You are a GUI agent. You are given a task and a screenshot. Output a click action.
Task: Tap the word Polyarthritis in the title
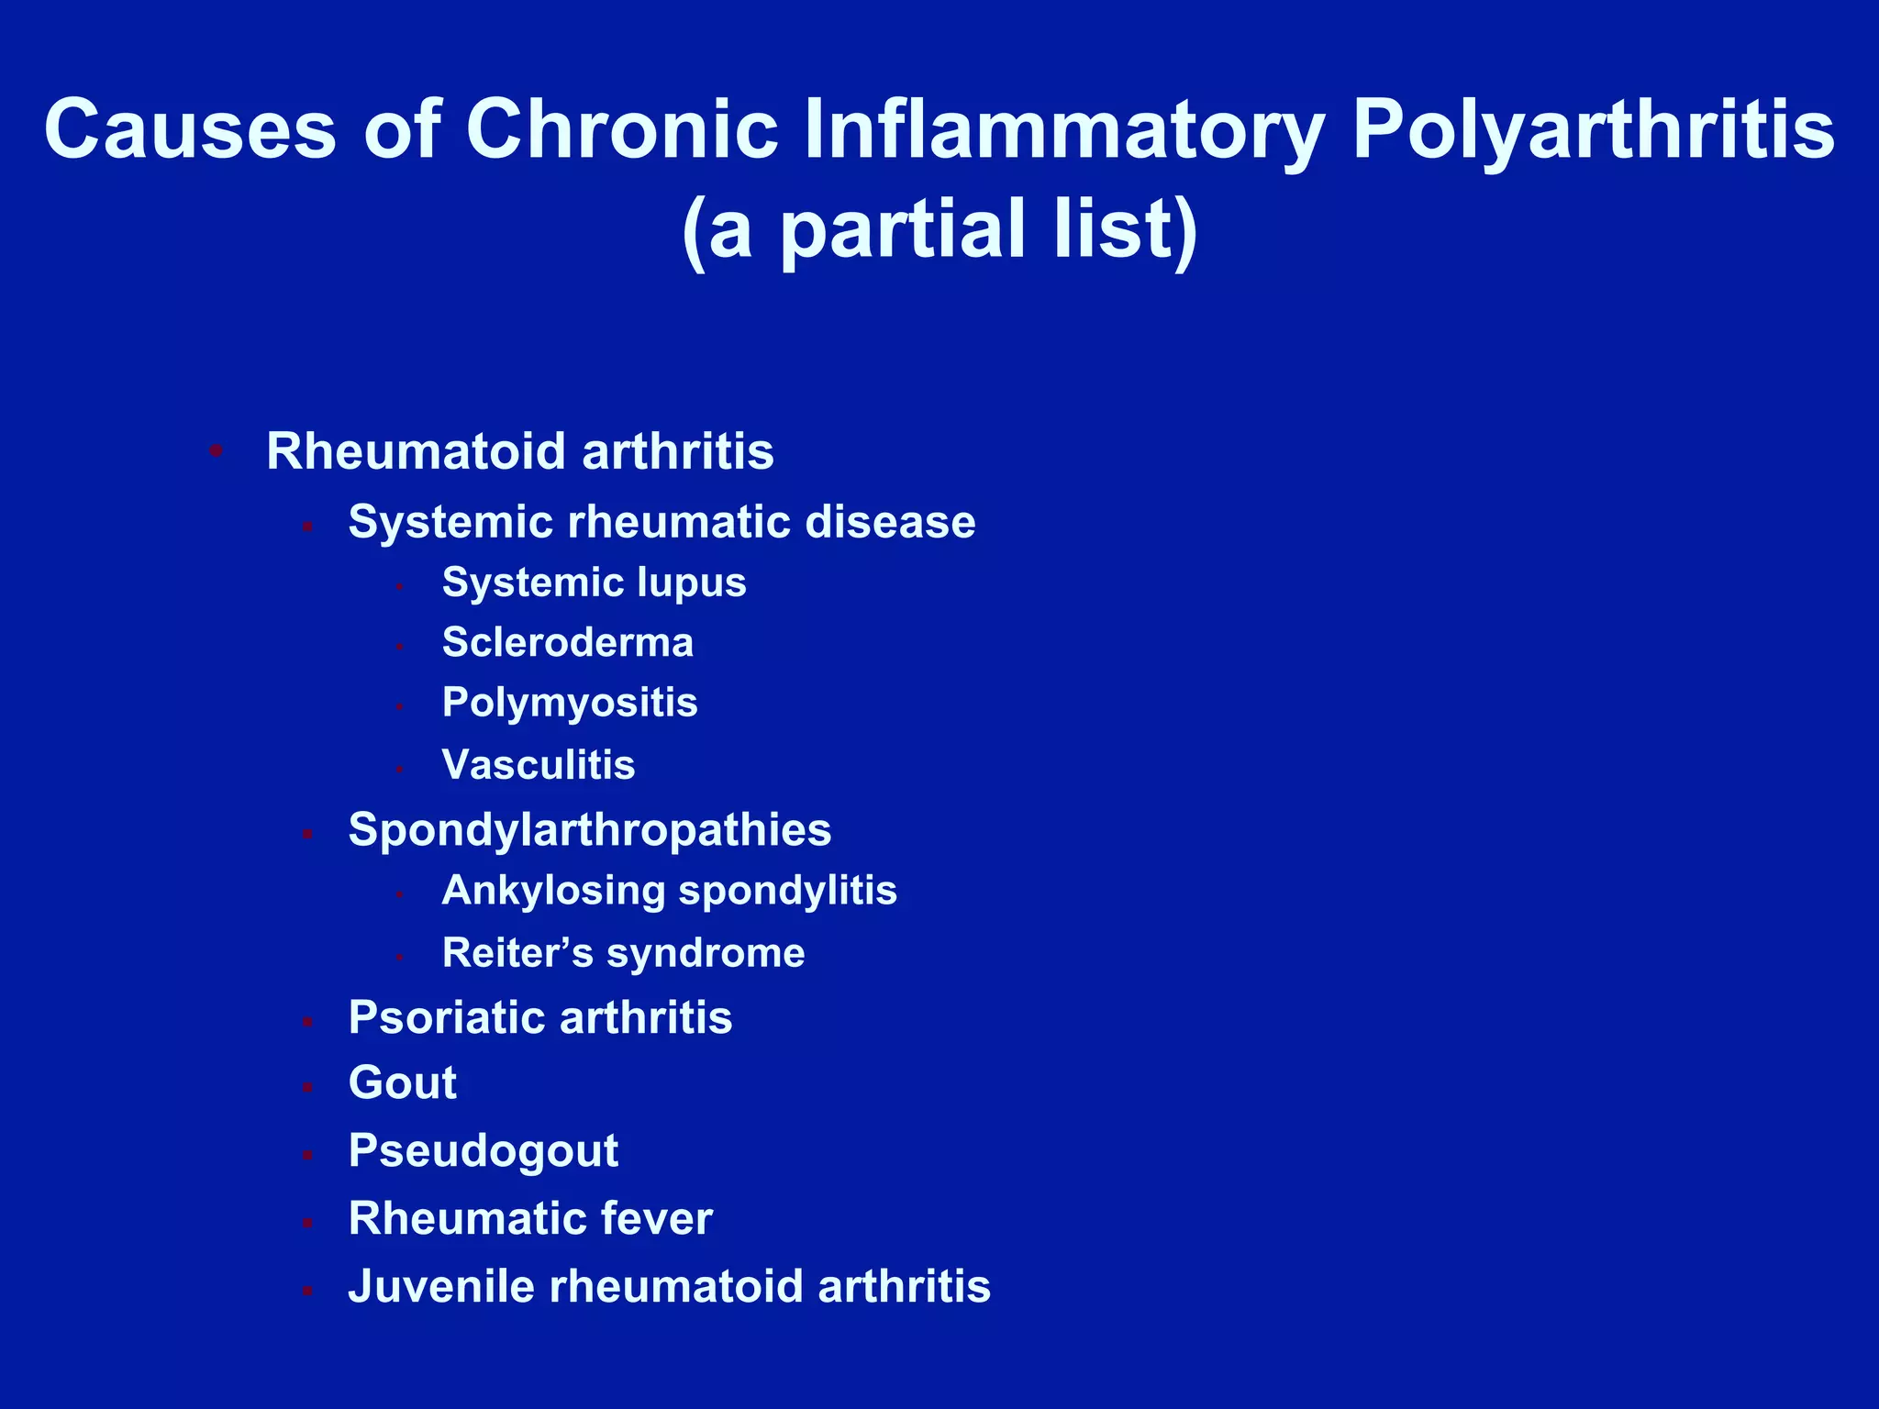(x=1593, y=129)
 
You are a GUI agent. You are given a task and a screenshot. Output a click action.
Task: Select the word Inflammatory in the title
(x=1063, y=129)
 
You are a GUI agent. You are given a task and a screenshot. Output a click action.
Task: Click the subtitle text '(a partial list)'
(x=939, y=228)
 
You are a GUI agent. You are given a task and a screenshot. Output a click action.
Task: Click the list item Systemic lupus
(x=594, y=582)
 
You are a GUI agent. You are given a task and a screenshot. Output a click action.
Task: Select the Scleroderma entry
(x=567, y=642)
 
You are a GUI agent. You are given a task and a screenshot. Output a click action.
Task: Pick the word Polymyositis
(x=569, y=703)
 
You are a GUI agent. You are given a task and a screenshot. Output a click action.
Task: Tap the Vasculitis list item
(x=538, y=764)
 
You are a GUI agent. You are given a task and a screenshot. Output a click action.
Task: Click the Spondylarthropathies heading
(x=589, y=829)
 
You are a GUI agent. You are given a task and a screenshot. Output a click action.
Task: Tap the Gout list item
(x=402, y=1082)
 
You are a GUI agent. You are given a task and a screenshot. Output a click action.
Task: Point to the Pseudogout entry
(x=483, y=1150)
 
